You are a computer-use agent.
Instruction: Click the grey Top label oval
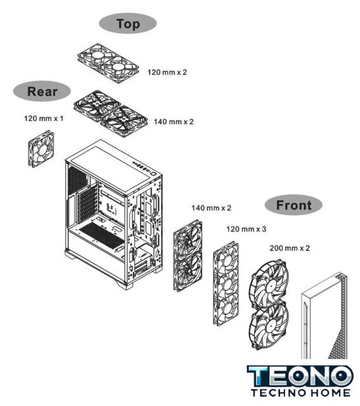tap(128, 23)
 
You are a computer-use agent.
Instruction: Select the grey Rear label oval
tap(42, 91)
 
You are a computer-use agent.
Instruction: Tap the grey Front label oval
tap(293, 205)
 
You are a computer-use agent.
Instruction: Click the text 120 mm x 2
tap(167, 72)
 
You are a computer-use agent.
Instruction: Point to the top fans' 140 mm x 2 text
tap(174, 122)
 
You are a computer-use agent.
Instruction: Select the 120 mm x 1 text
tap(44, 119)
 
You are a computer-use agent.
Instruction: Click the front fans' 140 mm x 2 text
tap(211, 208)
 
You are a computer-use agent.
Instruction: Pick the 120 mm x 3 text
tap(246, 229)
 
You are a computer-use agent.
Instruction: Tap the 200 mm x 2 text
tap(290, 248)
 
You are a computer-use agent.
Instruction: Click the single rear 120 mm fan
tap(41, 149)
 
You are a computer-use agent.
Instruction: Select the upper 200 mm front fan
tap(269, 284)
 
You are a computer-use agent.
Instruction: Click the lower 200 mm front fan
tap(269, 326)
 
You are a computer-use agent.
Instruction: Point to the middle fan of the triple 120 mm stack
tap(226, 284)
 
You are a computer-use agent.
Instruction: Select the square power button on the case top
tap(154, 174)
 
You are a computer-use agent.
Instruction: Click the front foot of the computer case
tap(125, 284)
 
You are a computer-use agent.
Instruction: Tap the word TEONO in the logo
tap(300, 376)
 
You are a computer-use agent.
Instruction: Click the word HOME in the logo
tap(330, 393)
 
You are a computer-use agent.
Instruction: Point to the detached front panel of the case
tap(325, 316)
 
